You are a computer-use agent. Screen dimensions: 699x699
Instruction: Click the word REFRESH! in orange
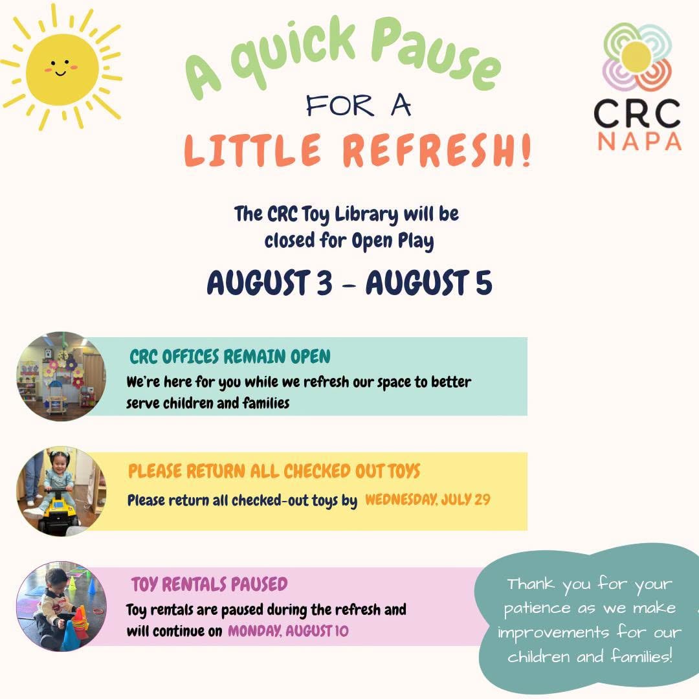[x=436, y=150]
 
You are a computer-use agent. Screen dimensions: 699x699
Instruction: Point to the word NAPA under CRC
[x=639, y=141]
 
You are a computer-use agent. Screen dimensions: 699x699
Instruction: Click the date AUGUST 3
[x=270, y=282]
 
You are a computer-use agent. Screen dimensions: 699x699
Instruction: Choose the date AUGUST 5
[x=429, y=282]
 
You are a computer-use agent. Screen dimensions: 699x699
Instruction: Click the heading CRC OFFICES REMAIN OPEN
[x=230, y=357]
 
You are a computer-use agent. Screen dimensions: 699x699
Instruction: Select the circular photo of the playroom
[x=61, y=376]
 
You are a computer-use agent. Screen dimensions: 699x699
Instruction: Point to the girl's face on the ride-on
[x=60, y=467]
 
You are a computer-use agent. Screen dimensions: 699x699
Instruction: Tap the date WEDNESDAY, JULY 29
[x=428, y=499]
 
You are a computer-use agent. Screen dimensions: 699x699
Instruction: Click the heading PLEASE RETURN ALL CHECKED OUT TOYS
[x=274, y=471]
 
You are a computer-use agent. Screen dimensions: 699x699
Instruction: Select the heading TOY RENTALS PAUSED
[x=209, y=584]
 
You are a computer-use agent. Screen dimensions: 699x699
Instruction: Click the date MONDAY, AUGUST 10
[x=288, y=631]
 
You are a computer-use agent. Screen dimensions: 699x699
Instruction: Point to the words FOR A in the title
[x=359, y=105]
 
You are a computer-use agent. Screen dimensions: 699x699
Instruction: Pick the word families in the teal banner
[x=266, y=403]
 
